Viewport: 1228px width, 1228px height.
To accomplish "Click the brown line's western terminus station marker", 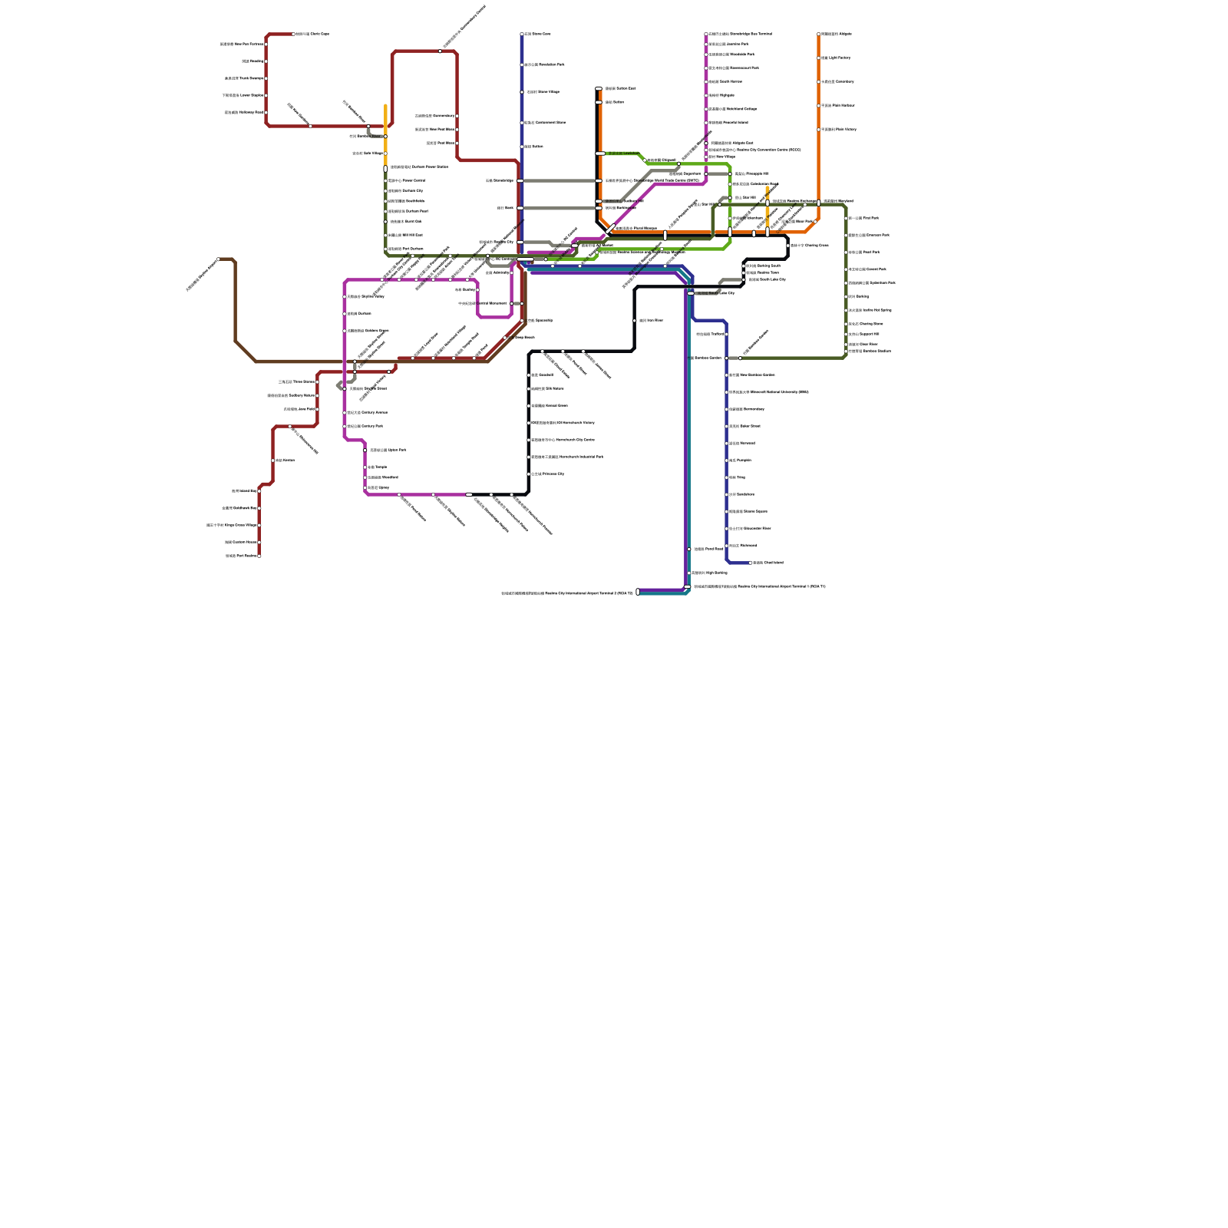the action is point(218,259).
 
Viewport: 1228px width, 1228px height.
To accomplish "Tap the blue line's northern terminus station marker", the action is point(522,35).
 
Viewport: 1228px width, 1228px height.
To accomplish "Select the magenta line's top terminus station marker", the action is point(706,35).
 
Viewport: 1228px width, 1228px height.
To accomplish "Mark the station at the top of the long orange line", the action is point(819,35).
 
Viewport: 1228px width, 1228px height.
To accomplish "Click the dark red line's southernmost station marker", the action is point(259,556).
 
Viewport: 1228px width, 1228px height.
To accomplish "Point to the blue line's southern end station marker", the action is point(751,563).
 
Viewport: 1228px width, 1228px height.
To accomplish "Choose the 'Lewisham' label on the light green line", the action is point(623,153).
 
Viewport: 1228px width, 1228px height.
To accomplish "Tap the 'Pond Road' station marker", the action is point(689,550).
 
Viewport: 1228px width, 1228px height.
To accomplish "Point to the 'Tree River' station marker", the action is point(635,321).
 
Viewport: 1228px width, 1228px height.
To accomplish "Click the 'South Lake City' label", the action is point(767,280).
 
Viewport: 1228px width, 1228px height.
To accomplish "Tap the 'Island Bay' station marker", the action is point(259,491).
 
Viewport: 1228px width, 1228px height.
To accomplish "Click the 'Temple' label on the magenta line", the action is point(377,467).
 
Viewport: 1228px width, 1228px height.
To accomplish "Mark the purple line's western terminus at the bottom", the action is point(638,592).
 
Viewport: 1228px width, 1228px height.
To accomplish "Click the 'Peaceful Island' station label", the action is point(728,123).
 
